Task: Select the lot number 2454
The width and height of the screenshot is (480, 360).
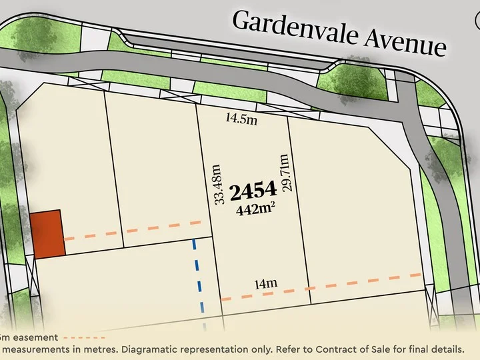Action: (253, 192)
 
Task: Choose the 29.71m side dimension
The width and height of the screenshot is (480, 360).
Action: (285, 173)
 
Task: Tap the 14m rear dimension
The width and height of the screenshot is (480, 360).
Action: (265, 283)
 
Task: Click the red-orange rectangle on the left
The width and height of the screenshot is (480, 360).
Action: (47, 233)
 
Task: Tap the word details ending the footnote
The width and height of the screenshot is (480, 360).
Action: (444, 349)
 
